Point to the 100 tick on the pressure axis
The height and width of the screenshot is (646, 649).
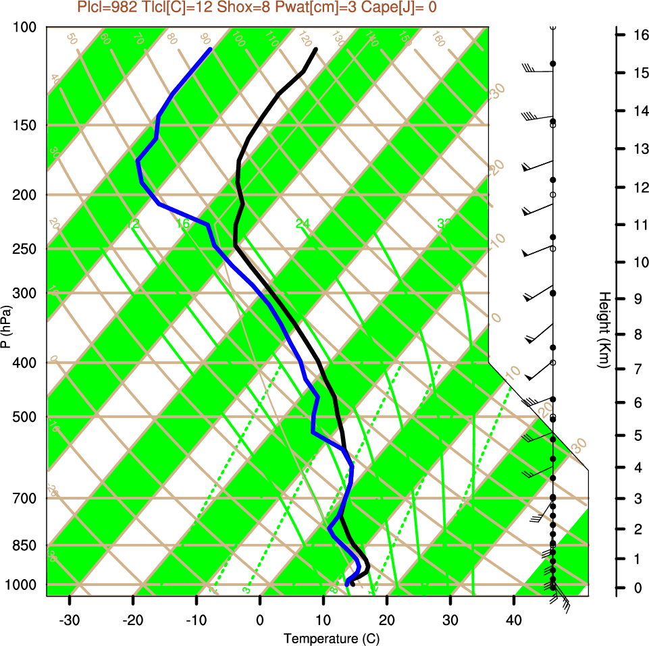point(24,28)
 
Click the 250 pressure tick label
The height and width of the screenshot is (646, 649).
point(24,249)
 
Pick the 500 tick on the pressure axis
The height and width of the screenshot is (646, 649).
point(24,416)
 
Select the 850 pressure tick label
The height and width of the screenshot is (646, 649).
point(24,545)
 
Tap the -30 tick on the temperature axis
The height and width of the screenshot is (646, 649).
point(70,620)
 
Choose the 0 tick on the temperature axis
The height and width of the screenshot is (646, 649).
point(260,620)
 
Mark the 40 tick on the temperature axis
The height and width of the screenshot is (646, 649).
point(514,620)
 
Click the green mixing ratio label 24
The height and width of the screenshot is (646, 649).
point(303,223)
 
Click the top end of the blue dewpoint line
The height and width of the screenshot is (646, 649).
point(211,49)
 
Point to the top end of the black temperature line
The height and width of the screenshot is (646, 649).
point(315,49)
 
